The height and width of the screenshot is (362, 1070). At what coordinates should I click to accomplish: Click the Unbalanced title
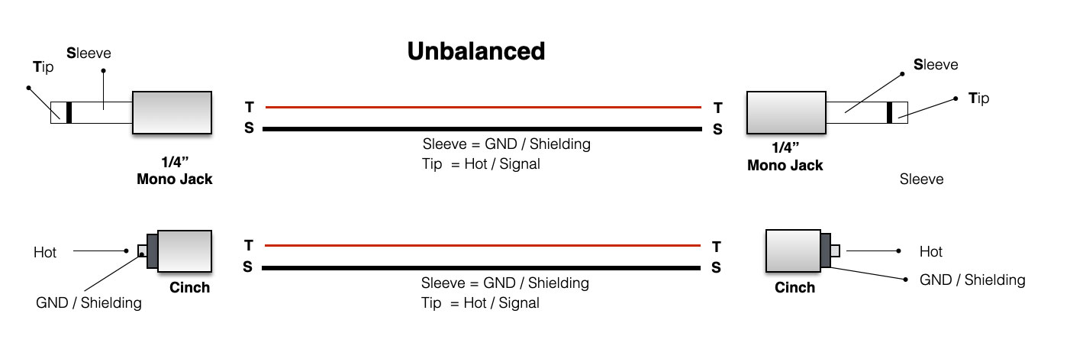[475, 51]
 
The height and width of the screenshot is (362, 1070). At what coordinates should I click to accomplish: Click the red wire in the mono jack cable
[482, 107]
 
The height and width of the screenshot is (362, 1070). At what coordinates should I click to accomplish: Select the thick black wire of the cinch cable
[482, 268]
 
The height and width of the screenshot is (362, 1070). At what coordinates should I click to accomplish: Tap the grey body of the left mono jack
[172, 113]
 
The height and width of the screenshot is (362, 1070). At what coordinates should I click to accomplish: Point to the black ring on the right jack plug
[889, 113]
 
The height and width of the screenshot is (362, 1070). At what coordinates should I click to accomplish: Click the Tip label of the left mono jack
[44, 66]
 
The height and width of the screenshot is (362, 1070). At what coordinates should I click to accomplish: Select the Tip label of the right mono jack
[978, 98]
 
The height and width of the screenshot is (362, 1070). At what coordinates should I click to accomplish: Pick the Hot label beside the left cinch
[45, 252]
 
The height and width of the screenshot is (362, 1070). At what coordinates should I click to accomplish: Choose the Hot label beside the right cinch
[930, 251]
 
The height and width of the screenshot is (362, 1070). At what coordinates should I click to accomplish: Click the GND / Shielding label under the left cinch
[89, 303]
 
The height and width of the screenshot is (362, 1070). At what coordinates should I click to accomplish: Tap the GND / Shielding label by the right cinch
[972, 280]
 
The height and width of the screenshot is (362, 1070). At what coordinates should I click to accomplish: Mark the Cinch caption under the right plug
[794, 288]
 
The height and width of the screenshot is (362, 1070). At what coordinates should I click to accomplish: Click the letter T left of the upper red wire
[249, 108]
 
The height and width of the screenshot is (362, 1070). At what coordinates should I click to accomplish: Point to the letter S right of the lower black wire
[716, 267]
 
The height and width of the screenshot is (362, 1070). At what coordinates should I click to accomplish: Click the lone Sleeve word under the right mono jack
[921, 179]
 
